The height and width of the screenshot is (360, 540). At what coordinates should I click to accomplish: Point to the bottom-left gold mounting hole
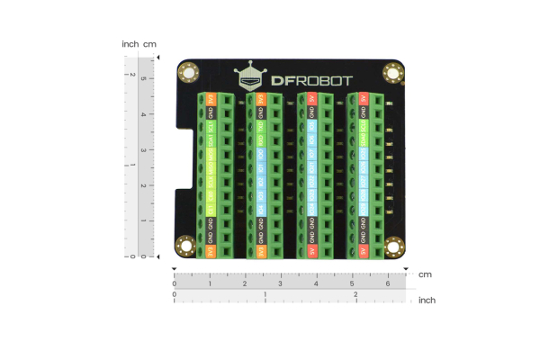[x=186, y=244]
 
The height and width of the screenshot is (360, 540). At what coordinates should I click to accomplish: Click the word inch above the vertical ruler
[x=130, y=43]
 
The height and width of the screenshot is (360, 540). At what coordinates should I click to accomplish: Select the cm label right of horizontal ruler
[x=425, y=274]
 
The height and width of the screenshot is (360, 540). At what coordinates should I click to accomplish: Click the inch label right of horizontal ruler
[x=427, y=300]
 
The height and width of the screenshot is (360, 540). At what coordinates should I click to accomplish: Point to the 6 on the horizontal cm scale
[x=387, y=284]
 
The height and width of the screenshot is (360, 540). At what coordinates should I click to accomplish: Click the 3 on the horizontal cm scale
[x=281, y=284]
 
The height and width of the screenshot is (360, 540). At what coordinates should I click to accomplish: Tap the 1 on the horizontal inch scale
[x=265, y=294]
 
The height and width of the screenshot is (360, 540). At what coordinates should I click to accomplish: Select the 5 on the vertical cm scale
[x=142, y=79]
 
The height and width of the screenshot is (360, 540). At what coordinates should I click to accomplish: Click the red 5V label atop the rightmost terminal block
[x=364, y=98]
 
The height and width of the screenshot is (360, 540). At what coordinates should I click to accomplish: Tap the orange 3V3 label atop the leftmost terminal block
[x=210, y=98]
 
